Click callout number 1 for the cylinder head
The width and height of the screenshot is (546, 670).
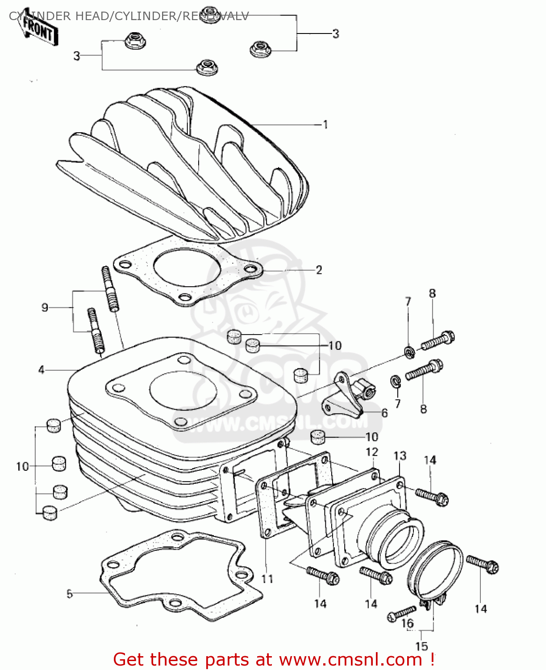pyautogui.click(x=325, y=125)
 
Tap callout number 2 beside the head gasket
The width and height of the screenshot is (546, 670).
pyautogui.click(x=319, y=270)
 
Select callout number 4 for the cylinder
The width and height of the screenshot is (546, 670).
pyautogui.click(x=42, y=370)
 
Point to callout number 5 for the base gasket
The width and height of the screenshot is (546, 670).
pyautogui.click(x=69, y=594)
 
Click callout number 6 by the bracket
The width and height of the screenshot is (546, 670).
pyautogui.click(x=384, y=413)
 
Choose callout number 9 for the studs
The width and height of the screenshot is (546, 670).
pyautogui.click(x=45, y=307)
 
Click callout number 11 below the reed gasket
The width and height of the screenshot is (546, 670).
pyautogui.click(x=267, y=579)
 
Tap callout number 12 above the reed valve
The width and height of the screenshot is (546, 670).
pyautogui.click(x=372, y=452)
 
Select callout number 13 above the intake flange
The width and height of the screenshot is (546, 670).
pyautogui.click(x=400, y=456)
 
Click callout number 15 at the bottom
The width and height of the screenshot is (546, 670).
pyautogui.click(x=421, y=646)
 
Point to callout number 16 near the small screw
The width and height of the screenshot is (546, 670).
pyautogui.click(x=408, y=624)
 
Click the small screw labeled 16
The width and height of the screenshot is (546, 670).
pyautogui.click(x=401, y=613)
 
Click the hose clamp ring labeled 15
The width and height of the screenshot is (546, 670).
pyautogui.click(x=435, y=572)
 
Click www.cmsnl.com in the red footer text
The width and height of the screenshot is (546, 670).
pyautogui.click(x=350, y=660)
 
